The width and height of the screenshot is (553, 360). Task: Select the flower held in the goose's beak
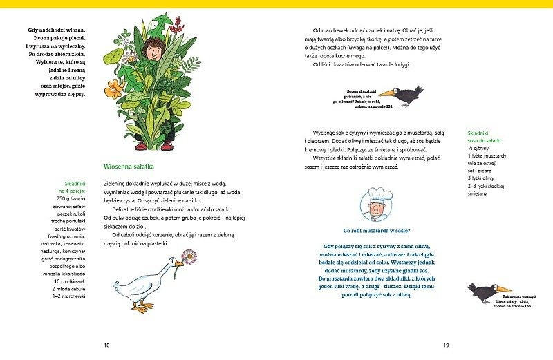point(191,257)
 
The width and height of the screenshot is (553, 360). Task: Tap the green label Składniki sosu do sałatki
point(484,135)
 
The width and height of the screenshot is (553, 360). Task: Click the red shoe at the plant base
point(140,146)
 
